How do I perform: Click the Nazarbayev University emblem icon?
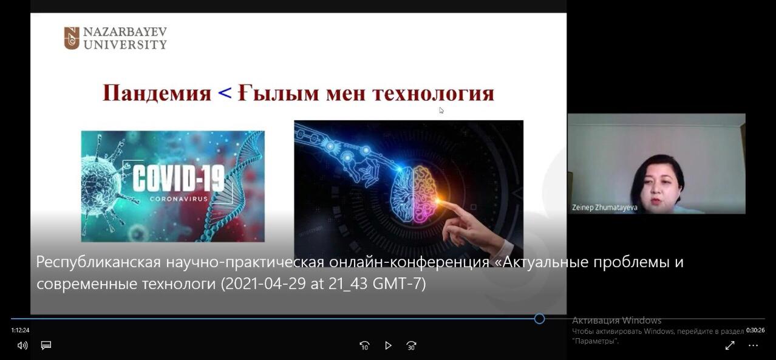point(72,38)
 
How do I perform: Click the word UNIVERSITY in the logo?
point(125,45)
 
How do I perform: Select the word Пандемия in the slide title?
point(157,93)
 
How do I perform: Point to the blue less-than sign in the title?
point(225,93)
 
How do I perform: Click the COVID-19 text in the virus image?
point(179,178)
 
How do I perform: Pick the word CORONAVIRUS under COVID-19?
point(179,199)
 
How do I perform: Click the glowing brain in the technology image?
point(415,194)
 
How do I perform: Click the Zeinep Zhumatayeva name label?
point(605,208)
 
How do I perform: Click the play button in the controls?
point(388,345)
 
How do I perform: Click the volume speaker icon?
point(22,345)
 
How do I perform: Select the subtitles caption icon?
point(46,345)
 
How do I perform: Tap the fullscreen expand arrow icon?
point(730,345)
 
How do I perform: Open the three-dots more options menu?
point(753,345)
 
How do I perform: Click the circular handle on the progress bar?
point(539,319)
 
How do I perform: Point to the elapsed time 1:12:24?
point(20,330)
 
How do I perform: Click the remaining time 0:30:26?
point(755,330)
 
